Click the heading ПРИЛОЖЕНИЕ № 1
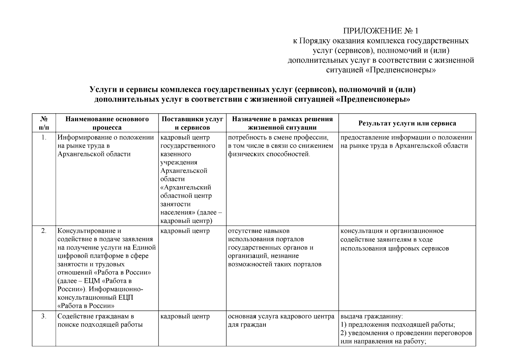coord(380,31)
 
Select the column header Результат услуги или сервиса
coord(407,123)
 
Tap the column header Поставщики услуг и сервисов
coord(192,123)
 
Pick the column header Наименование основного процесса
coord(107,123)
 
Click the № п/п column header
coord(44,123)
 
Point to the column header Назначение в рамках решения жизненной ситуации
coord(282,123)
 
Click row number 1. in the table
coord(44,138)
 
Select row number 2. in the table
coord(44,231)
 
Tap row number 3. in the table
coord(44,316)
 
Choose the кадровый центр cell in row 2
coord(185,231)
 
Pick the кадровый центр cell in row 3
coord(185,316)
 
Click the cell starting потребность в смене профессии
coord(280,146)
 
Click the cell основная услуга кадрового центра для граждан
coord(281,320)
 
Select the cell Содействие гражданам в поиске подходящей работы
coord(100,320)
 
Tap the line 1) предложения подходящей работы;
coord(398,325)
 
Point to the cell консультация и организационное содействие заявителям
coord(394,239)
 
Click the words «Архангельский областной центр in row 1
coord(186,191)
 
